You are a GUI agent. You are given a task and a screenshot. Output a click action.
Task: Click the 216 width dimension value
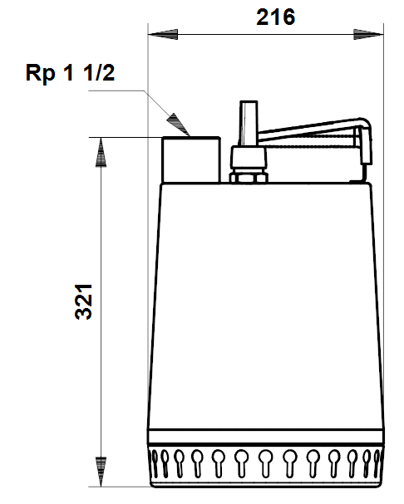click(275, 17)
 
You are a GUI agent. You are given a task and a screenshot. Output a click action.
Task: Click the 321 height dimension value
click(83, 302)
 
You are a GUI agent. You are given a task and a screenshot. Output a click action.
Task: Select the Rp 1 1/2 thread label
click(70, 72)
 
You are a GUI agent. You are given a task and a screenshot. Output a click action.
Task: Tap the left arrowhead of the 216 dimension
click(163, 34)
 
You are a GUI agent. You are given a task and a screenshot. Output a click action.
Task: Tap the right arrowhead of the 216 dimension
click(368, 34)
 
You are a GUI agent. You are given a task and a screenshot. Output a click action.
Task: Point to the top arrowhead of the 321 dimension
click(101, 152)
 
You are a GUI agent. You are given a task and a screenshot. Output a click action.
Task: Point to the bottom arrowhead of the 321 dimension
click(101, 472)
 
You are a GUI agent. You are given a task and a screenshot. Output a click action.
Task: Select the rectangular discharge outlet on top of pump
click(191, 159)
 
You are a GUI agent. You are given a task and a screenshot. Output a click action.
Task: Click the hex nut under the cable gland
click(249, 178)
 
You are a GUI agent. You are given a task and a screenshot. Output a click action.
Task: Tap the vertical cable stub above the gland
click(249, 123)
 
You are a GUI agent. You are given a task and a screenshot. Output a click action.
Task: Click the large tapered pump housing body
click(265, 306)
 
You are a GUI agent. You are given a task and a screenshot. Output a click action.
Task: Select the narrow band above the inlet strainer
click(265, 437)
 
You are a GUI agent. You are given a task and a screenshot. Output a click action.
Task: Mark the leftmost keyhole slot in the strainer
click(155, 462)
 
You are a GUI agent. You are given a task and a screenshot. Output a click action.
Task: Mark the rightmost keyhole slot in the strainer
click(377, 462)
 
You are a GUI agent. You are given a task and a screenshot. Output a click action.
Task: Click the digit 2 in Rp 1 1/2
click(108, 72)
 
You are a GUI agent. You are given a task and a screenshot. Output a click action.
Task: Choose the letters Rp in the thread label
click(40, 74)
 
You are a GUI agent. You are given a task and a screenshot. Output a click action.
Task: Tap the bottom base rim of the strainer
click(266, 483)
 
